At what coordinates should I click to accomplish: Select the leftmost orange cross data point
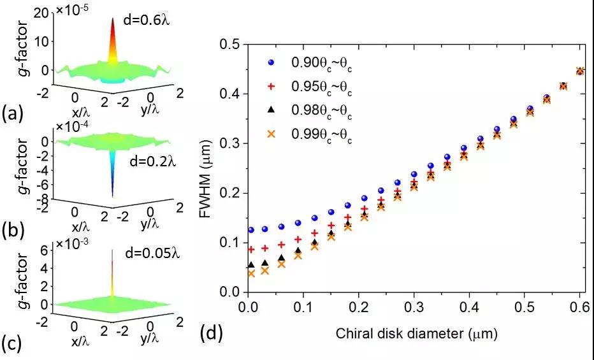point(251,273)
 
